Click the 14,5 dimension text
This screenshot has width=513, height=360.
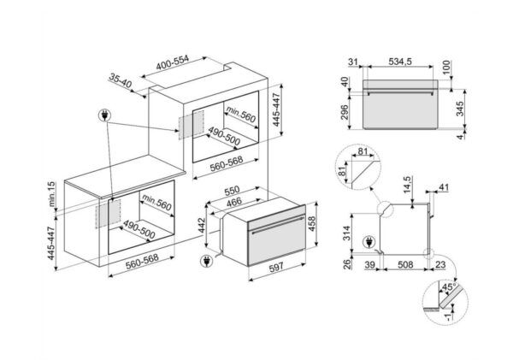pyautogui.click(x=407, y=184)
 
